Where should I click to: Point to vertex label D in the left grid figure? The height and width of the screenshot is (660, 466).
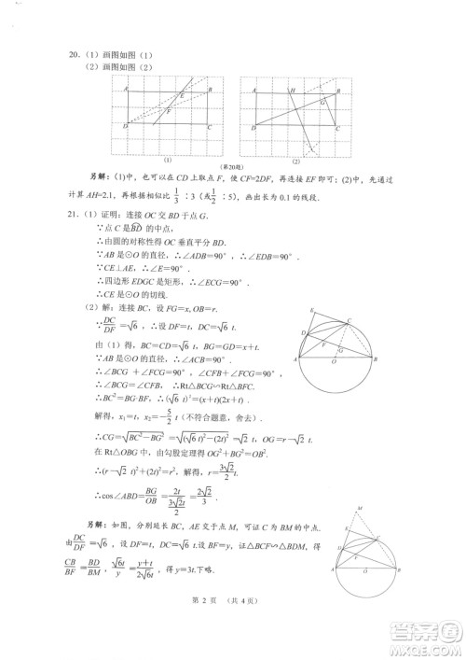tap(124, 126)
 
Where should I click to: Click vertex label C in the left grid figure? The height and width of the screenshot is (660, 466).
tap(209, 126)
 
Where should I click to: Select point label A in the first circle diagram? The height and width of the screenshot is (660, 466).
tap(296, 358)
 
